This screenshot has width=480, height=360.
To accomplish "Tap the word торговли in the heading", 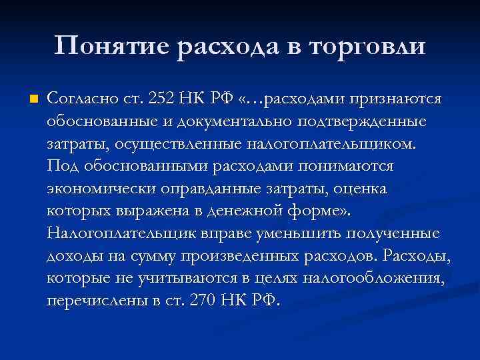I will (366, 47).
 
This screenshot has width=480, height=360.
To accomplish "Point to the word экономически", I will (100, 189).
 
